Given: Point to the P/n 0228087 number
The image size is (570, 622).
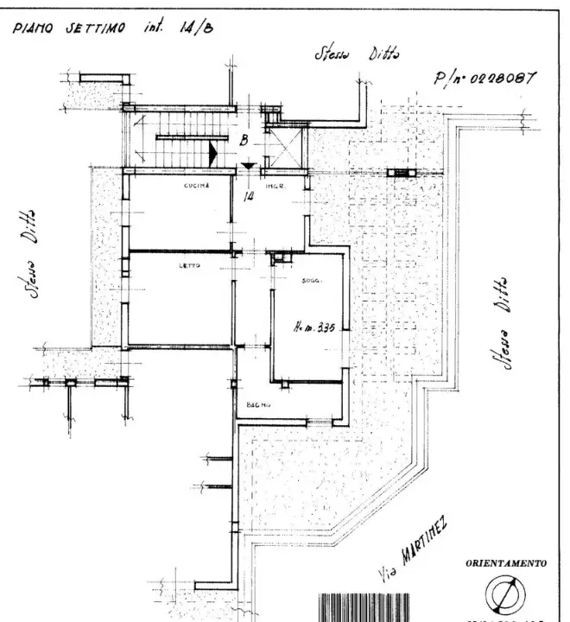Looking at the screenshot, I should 485,79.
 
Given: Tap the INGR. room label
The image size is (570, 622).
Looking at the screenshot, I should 275,187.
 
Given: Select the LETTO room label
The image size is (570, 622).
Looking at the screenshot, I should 190,265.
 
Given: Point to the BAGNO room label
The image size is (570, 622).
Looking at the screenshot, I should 258,405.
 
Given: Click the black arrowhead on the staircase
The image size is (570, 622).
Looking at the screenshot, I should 213,154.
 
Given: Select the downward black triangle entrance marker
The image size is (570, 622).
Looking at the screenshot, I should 248,166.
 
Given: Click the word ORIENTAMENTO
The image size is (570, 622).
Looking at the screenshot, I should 506,563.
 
